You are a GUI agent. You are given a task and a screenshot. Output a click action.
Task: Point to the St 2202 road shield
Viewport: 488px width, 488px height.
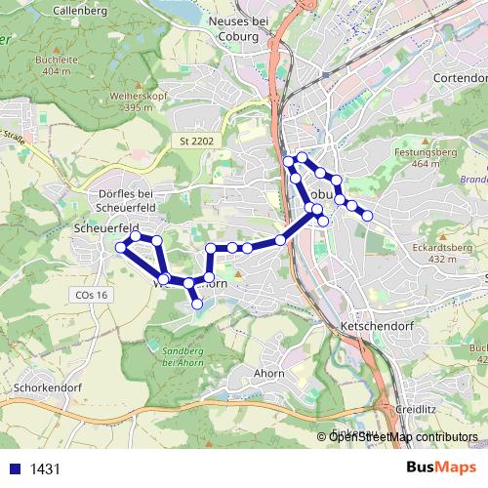pos(196,142)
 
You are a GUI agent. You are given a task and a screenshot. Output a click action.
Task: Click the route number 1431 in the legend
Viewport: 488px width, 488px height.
pos(46,468)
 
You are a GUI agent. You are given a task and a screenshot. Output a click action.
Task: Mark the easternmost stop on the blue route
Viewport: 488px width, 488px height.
pos(368,215)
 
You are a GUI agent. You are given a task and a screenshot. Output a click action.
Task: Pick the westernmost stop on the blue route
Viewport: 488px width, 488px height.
pos(121,248)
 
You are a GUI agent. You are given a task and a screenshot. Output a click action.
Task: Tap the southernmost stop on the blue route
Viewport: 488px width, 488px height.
pos(197,305)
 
